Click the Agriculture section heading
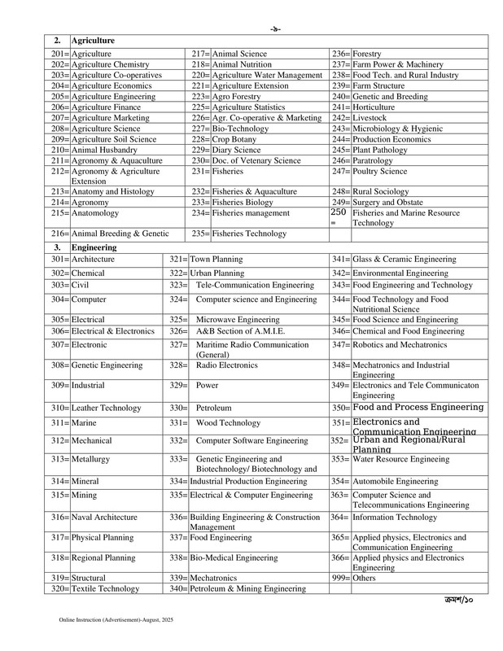tap(92, 40)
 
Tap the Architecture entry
tap(94, 259)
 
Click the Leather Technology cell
tap(107, 406)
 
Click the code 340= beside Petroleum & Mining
tap(178, 588)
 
